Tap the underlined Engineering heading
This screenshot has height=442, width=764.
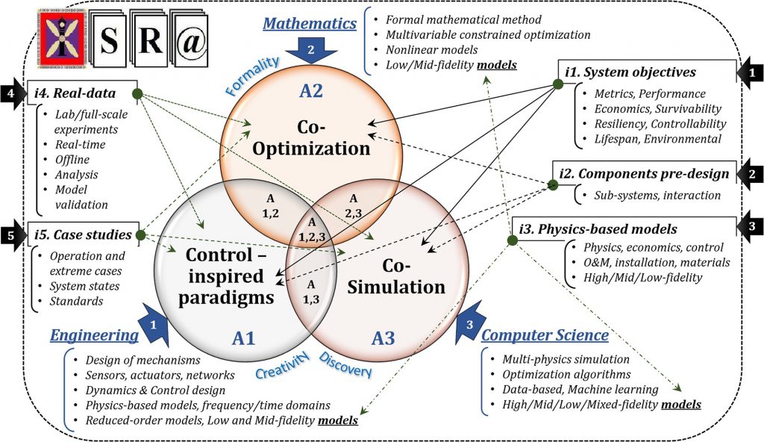(94, 336)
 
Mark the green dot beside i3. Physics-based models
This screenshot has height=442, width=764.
(512, 239)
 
